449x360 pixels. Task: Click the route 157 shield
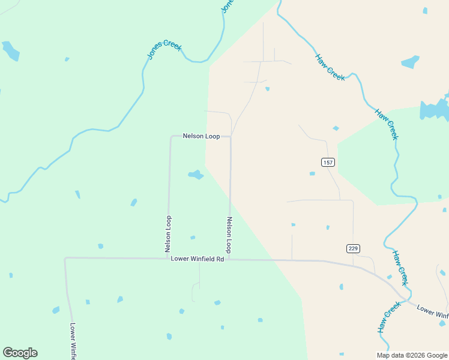click(x=327, y=163)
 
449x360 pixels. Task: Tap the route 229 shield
click(x=353, y=248)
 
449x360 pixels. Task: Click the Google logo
click(x=20, y=353)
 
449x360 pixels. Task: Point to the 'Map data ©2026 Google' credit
click(x=412, y=355)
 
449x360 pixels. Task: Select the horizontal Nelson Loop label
click(x=201, y=137)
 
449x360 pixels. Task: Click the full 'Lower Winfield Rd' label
click(x=197, y=259)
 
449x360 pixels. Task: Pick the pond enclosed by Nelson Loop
click(x=196, y=175)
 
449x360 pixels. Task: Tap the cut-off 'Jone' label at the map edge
click(x=227, y=5)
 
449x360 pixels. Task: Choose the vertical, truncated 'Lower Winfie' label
click(x=73, y=341)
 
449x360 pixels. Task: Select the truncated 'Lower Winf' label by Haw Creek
click(x=432, y=311)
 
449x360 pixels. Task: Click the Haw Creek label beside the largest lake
click(x=387, y=124)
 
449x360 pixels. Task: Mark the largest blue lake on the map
click(x=435, y=110)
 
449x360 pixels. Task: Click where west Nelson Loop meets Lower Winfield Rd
click(x=168, y=259)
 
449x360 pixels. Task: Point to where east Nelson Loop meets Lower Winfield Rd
click(x=229, y=259)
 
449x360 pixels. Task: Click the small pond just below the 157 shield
click(x=312, y=173)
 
